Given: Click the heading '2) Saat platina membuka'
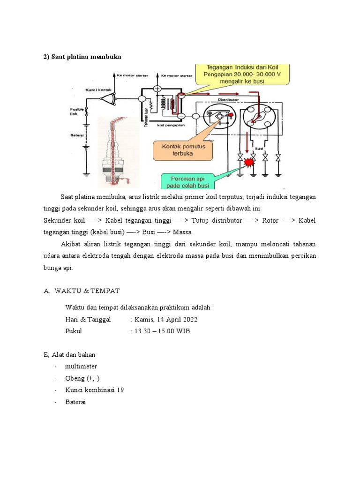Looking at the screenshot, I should (82, 57).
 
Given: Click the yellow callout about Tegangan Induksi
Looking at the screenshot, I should (242, 77).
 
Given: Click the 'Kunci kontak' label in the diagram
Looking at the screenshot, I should (97, 89).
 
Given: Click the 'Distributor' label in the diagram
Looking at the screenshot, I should (229, 100).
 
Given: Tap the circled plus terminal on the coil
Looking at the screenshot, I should (157, 88).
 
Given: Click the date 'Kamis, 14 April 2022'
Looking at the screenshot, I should (165, 320).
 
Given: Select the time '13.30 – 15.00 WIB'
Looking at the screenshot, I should (162, 331).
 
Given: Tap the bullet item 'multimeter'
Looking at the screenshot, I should (81, 366).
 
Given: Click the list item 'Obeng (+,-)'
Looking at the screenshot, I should (82, 378).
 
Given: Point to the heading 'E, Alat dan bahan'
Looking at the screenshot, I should (69, 354).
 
